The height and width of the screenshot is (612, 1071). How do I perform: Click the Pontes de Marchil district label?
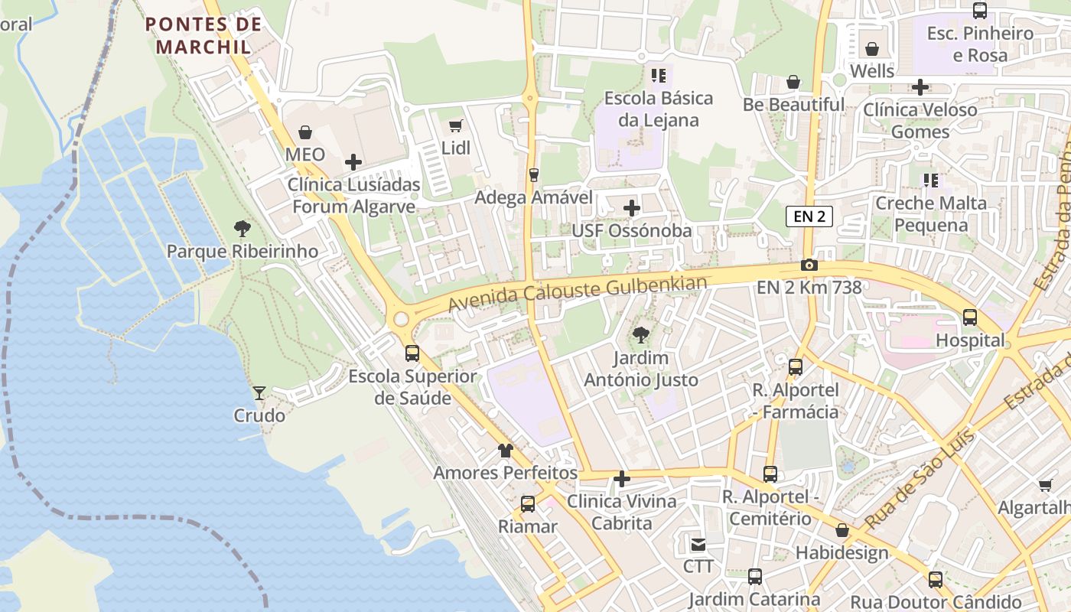click(203, 34)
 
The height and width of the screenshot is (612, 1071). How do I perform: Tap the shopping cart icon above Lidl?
click(456, 125)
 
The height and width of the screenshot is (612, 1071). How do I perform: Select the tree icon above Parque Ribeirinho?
click(243, 228)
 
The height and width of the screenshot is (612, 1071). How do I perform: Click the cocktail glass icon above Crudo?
click(260, 393)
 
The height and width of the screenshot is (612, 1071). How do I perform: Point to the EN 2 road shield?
click(809, 216)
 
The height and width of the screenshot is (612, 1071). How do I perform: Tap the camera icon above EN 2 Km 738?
click(809, 265)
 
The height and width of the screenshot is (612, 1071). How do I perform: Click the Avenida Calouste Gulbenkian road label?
click(578, 294)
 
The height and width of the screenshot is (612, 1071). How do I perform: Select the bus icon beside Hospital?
click(970, 317)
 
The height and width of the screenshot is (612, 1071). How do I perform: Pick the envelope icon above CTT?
click(698, 544)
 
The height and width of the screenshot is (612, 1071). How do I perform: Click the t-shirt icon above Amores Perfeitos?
click(505, 450)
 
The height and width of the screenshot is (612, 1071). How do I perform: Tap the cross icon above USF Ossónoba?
click(632, 207)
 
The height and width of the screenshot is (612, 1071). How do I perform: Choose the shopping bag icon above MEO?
click(305, 132)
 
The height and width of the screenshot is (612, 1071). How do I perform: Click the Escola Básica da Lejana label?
click(658, 109)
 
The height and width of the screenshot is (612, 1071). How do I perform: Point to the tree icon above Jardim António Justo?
click(641, 335)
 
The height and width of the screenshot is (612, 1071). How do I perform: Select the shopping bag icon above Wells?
click(872, 49)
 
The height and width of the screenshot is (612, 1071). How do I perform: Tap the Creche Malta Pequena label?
click(931, 213)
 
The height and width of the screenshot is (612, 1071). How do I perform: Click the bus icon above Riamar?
click(528, 504)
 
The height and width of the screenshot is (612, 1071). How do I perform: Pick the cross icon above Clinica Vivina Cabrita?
click(622, 480)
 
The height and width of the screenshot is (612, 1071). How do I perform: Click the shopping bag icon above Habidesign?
click(842, 530)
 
